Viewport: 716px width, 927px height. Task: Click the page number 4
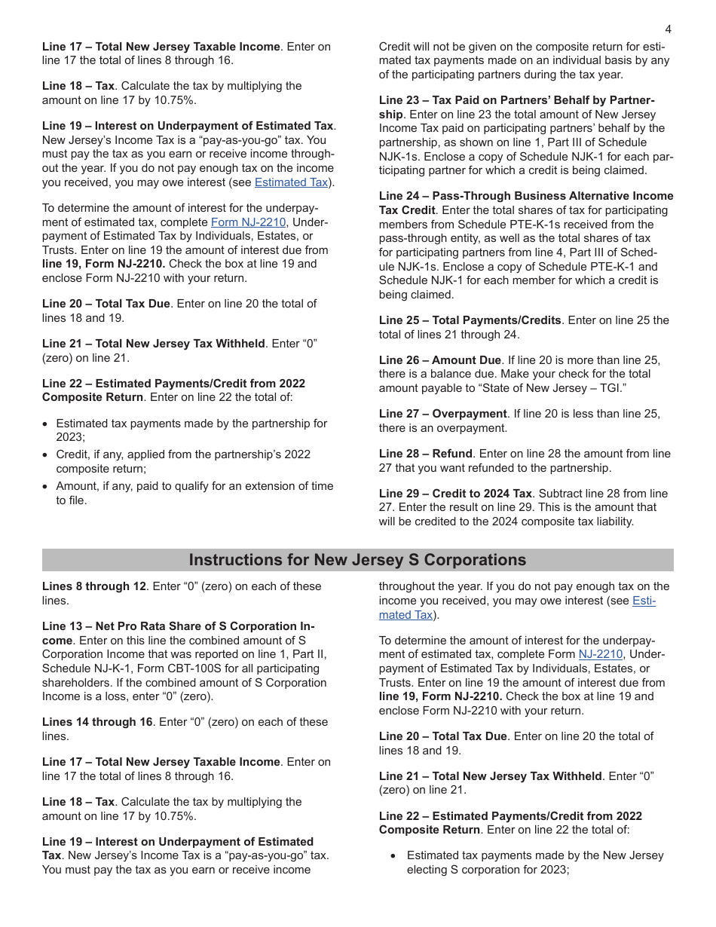click(668, 29)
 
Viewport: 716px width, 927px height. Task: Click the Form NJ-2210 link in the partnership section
click(248, 222)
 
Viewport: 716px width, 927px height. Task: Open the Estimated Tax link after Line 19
click(291, 182)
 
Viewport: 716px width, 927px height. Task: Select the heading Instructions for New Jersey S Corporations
click(357, 560)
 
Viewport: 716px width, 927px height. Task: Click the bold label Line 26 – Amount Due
click(439, 360)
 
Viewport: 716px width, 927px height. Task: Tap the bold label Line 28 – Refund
click(425, 454)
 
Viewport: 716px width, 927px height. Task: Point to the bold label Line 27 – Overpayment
click(442, 414)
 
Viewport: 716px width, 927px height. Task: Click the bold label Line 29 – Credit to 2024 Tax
click(455, 494)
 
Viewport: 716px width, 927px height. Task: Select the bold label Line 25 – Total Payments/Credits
click(470, 320)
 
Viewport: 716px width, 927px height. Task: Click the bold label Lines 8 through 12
click(93, 586)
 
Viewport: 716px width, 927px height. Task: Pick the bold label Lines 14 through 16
click(97, 722)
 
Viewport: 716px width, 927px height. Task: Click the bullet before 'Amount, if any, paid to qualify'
click(46, 487)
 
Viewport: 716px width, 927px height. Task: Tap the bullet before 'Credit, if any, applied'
click(46, 455)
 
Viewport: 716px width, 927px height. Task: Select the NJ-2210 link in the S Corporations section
click(600, 655)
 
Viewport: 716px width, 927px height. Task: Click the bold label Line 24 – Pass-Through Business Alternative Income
click(525, 196)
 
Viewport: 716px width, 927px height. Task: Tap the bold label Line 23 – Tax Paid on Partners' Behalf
click(516, 100)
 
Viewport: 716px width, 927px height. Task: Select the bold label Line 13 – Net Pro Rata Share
click(178, 626)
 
